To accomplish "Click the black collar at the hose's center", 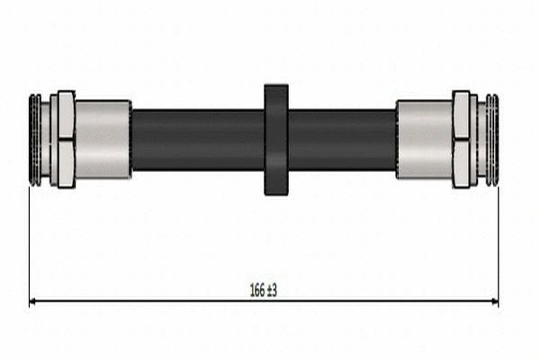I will (276, 139).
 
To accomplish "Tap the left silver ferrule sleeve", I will (103, 139).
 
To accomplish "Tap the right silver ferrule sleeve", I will (424, 139).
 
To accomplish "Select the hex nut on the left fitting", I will (64, 139).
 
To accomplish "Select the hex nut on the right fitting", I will (463, 139).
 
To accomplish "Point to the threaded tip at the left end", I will (35, 139).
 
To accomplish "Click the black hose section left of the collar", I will (198, 139).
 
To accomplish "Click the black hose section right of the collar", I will (342, 139).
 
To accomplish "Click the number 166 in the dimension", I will (257, 290).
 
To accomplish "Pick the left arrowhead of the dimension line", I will (34, 301).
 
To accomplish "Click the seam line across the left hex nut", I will (64, 139).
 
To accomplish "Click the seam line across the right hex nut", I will (463, 138).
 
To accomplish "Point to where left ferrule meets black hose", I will (131, 139).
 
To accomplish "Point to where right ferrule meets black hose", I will (397, 139).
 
